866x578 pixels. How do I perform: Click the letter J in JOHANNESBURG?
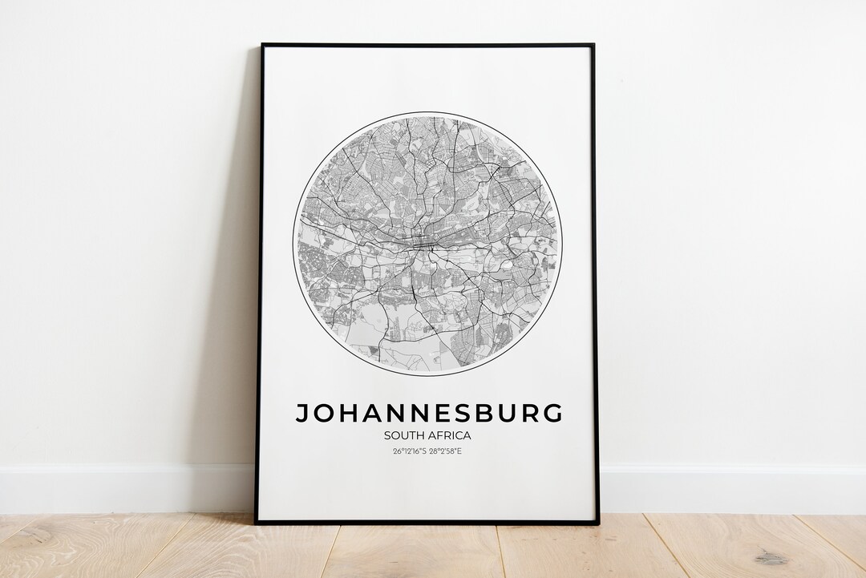tap(303, 413)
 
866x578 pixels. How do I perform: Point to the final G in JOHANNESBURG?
tap(551, 413)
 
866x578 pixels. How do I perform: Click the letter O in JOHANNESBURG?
tap(325, 413)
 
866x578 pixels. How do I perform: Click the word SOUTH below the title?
tap(402, 435)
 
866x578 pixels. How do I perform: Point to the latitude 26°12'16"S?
tap(409, 451)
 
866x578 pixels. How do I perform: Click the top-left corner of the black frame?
tap(262, 45)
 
